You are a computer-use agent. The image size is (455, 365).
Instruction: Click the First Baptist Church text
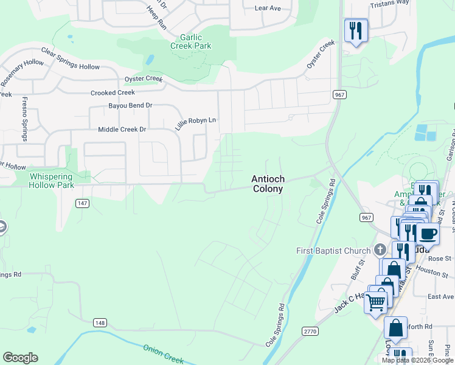333,251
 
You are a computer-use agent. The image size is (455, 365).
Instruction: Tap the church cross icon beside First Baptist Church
380,250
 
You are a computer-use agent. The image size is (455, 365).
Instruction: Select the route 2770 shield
310,330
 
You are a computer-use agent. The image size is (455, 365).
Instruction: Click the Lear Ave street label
268,9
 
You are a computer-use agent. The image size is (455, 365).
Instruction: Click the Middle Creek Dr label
122,130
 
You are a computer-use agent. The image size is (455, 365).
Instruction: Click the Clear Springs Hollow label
70,58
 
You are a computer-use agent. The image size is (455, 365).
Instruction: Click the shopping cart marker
375,300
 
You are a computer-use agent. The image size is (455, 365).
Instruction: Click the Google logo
20,358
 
